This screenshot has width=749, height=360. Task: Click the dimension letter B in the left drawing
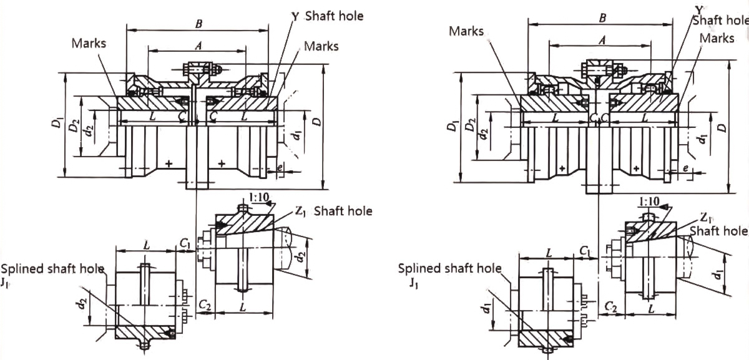(198, 24)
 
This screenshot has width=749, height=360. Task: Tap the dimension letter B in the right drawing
(602, 19)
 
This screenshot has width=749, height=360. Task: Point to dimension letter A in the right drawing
(602, 40)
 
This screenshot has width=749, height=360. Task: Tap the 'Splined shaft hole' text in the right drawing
(450, 269)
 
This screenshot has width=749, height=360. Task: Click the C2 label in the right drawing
(611, 306)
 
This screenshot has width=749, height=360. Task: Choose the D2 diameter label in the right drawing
(471, 126)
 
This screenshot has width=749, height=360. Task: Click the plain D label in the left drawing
(318, 123)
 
